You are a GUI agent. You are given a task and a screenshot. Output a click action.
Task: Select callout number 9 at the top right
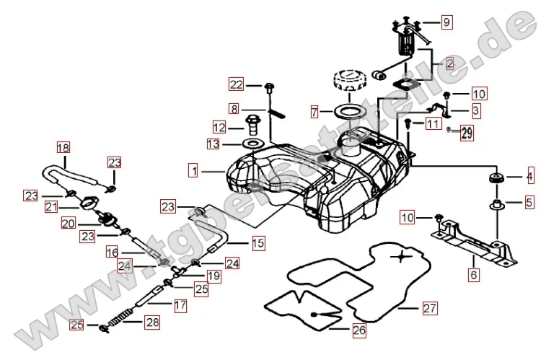point(446,22)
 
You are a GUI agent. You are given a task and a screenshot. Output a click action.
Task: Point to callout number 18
point(63,148)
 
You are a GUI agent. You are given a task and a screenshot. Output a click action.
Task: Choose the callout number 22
point(237,84)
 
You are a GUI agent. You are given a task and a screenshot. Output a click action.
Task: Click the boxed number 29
point(467,133)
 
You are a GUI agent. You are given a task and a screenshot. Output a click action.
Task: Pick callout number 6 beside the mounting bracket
point(474,274)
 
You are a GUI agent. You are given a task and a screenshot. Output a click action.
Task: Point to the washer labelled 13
point(253,145)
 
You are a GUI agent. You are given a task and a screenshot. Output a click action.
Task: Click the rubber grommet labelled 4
point(496,177)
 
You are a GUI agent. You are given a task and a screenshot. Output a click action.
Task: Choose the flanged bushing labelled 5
point(496,204)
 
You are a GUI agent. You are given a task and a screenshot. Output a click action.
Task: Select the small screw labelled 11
point(408,124)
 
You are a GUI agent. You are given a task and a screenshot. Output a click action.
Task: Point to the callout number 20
point(68,224)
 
